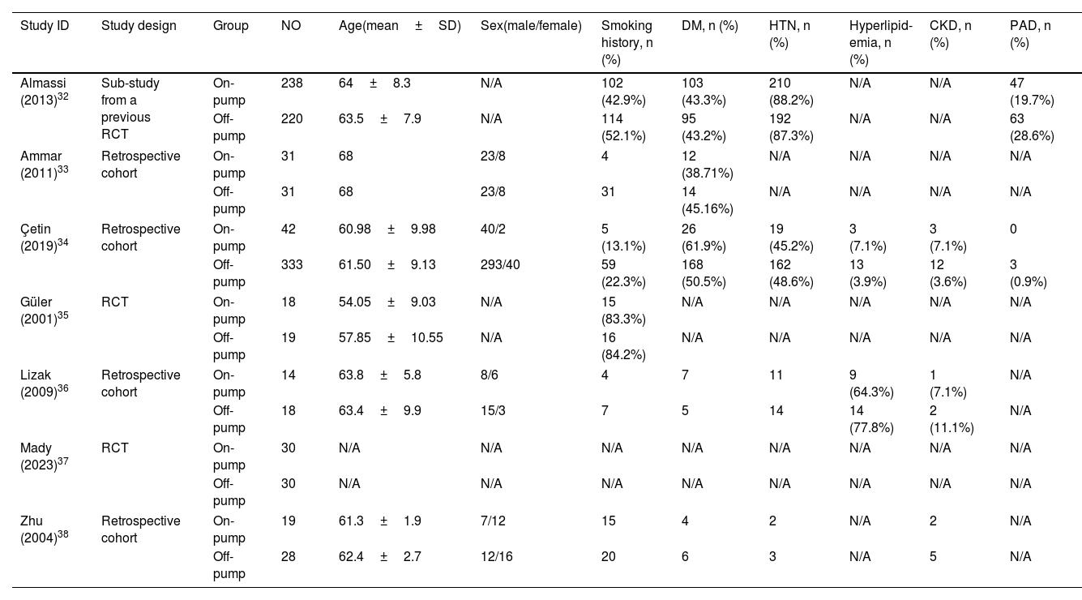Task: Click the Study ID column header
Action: tap(45, 26)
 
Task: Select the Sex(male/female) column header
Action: tap(531, 26)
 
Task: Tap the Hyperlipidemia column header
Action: tap(880, 42)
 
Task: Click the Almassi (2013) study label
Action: tap(45, 92)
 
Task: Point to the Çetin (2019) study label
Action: tap(45, 238)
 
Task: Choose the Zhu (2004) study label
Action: tap(45, 529)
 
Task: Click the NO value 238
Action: tap(292, 83)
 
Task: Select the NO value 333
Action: tap(292, 265)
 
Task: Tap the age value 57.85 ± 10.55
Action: tap(391, 337)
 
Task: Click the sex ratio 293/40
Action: tap(500, 265)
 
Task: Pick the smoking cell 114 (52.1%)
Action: tap(623, 127)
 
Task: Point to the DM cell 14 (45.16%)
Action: tap(708, 200)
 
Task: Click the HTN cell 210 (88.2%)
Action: tap(791, 92)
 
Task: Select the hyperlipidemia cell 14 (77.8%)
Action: tap(871, 419)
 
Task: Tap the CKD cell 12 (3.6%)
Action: tap(947, 273)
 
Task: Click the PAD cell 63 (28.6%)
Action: tap(1032, 127)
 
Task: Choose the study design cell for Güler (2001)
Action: tap(115, 302)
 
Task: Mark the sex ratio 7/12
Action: tap(493, 521)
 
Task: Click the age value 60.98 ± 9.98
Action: tap(387, 229)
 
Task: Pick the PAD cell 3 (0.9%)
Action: tap(1028, 273)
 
